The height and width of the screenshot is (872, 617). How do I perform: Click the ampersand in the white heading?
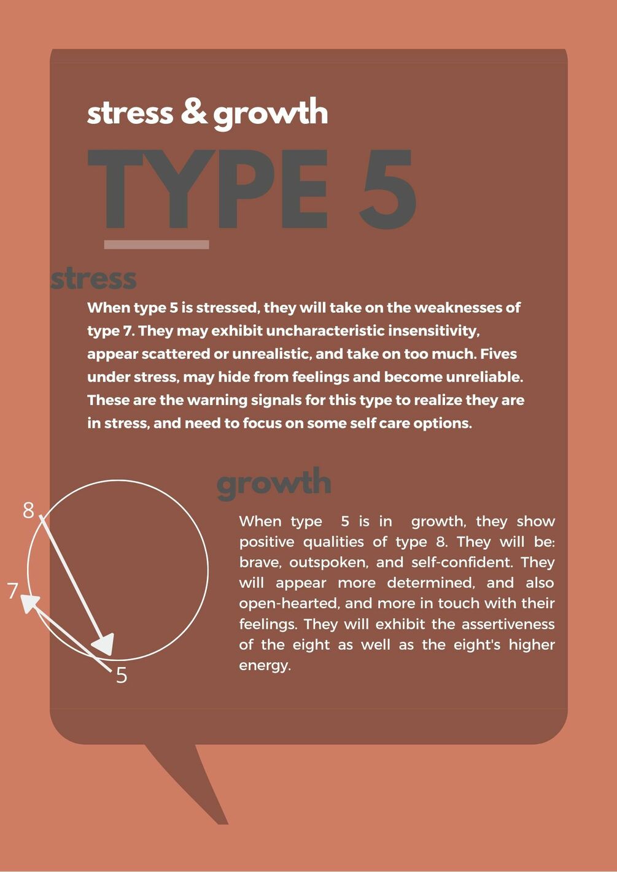(195, 112)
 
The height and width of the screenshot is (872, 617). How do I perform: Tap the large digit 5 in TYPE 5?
(387, 188)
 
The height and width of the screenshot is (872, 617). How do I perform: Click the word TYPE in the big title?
(208, 188)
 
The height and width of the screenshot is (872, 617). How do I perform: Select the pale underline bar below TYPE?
(157, 244)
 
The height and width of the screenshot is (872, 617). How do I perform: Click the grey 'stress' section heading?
(93, 279)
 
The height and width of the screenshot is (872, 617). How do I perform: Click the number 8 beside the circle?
(28, 511)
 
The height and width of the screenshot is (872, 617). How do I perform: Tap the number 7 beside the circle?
(13, 591)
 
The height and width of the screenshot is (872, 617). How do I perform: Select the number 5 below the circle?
(122, 676)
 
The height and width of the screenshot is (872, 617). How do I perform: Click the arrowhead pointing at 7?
(29, 604)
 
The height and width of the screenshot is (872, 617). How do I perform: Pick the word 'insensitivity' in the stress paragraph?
(433, 331)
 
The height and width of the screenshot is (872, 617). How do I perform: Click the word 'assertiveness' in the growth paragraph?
(508, 624)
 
